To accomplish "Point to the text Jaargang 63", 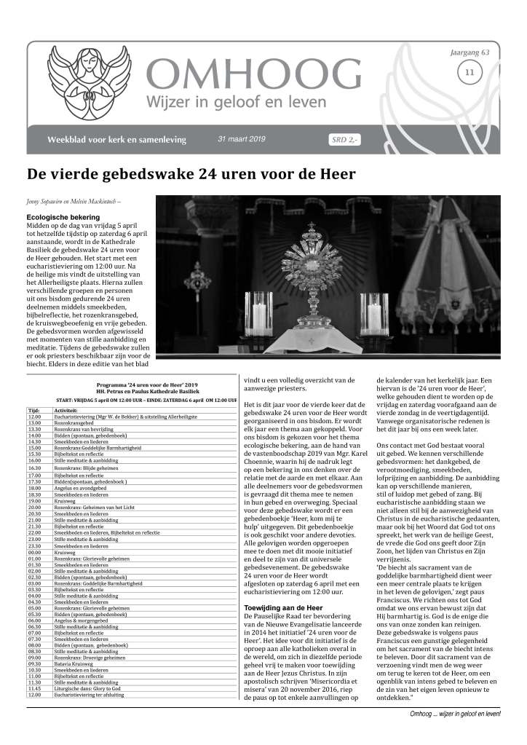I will coord(469,54).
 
